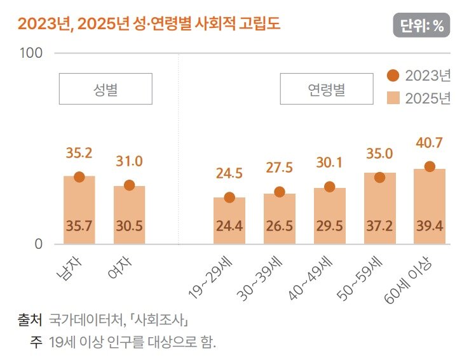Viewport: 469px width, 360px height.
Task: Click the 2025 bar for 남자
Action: coord(79,210)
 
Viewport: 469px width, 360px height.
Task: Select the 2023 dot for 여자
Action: coord(129,185)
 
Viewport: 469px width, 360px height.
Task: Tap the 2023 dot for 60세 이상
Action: coord(429,166)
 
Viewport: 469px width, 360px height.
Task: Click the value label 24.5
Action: coord(229,173)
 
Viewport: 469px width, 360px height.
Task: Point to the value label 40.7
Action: coord(429,143)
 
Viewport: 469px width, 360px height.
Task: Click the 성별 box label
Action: coord(105,89)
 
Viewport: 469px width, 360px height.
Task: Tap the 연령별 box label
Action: coord(326,89)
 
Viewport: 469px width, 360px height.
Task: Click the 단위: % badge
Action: coord(421,25)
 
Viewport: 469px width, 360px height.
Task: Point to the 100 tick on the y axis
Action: coord(31,53)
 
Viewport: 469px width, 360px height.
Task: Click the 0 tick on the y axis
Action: coord(38,244)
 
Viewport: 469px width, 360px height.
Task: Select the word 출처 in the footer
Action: coord(29,319)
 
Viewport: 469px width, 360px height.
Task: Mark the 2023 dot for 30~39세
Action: coord(279,192)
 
